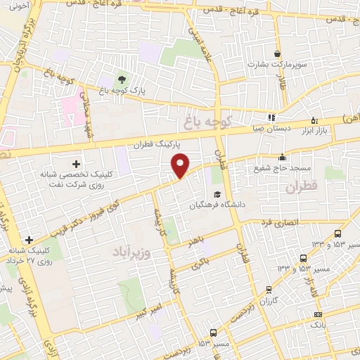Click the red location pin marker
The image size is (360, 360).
point(181,166)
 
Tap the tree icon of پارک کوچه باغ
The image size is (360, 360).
point(123,79)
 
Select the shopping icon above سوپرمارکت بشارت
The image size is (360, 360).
point(278,53)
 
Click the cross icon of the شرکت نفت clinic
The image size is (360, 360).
point(77,164)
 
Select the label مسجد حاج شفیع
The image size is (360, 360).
point(282,169)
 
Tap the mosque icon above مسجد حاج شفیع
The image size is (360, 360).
point(282,157)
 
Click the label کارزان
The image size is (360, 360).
point(268,301)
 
